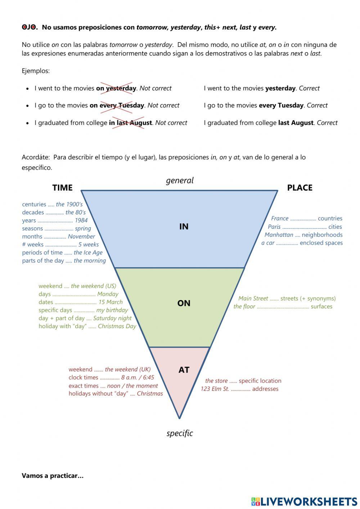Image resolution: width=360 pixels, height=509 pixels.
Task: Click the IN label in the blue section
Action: (x=184, y=227)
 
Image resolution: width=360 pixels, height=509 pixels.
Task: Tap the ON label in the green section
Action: (x=184, y=303)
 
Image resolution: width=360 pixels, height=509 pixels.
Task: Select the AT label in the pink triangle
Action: (x=184, y=370)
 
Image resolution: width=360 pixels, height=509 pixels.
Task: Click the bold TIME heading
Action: (x=63, y=188)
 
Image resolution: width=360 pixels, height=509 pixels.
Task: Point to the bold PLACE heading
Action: (x=300, y=188)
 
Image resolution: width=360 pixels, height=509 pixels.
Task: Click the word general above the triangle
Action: (x=180, y=180)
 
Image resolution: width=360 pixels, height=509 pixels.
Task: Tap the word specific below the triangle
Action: (x=180, y=433)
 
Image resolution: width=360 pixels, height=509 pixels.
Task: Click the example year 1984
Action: (x=81, y=220)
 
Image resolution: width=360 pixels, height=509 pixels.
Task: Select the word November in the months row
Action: (x=81, y=236)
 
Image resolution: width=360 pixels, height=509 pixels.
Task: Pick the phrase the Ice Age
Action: (x=88, y=253)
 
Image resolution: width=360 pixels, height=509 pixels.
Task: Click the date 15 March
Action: (x=111, y=302)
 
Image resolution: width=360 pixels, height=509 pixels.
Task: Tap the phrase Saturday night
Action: (x=112, y=318)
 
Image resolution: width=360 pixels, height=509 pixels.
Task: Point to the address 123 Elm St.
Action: (x=215, y=389)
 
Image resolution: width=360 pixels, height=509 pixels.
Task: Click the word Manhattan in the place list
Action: (x=279, y=235)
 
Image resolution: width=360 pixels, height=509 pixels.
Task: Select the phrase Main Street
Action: (x=253, y=298)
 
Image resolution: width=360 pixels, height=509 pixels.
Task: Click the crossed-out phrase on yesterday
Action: (x=116, y=88)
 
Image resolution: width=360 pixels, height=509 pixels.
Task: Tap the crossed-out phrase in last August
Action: (x=130, y=123)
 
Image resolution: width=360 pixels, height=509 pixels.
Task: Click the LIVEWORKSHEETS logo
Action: (x=304, y=501)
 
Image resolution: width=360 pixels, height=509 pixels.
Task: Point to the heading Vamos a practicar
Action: (x=53, y=475)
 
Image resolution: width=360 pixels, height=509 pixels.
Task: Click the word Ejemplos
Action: (x=36, y=71)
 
